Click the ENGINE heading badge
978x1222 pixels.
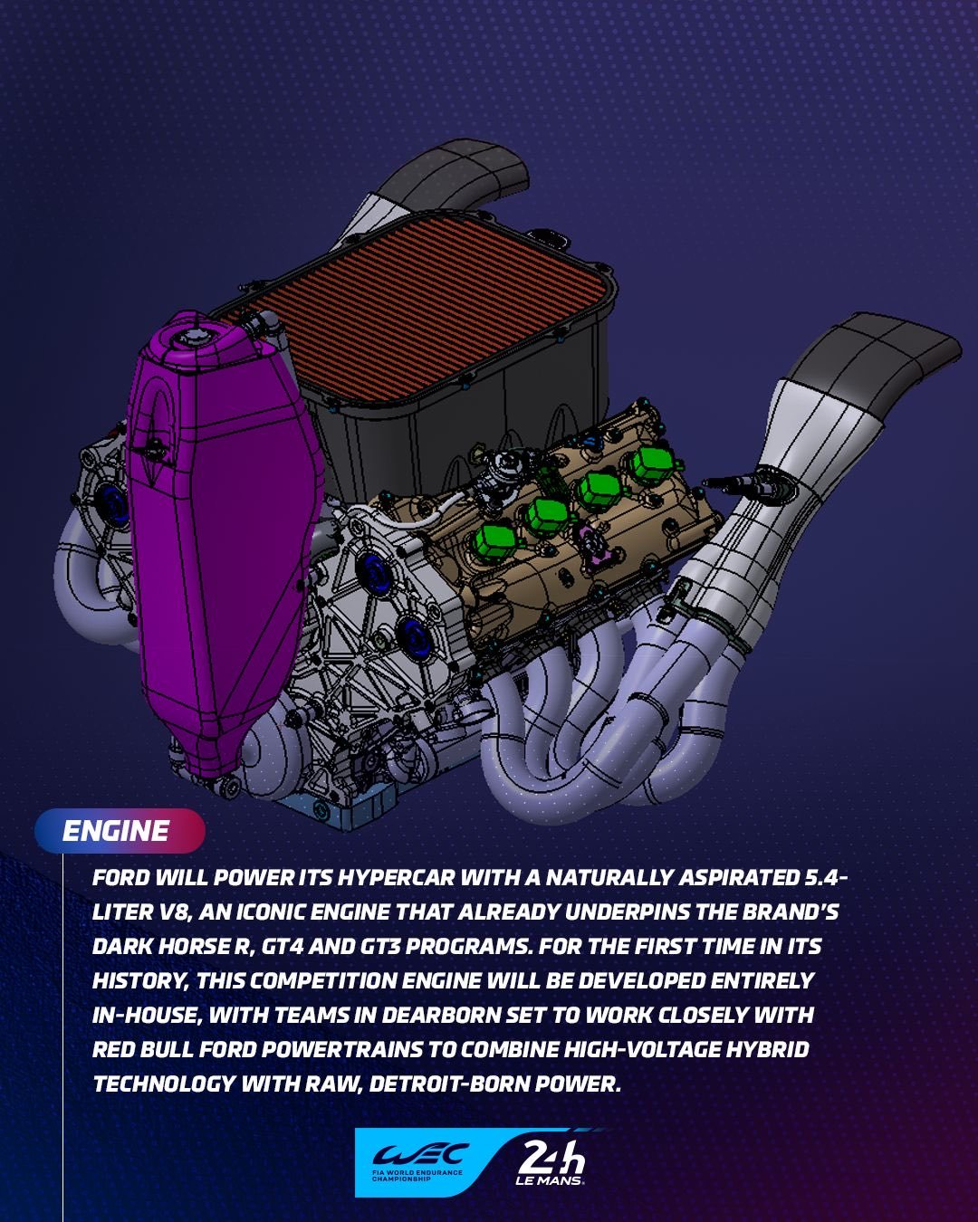[120, 831]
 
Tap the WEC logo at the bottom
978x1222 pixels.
[420, 1162]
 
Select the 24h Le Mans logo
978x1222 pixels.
[550, 1162]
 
